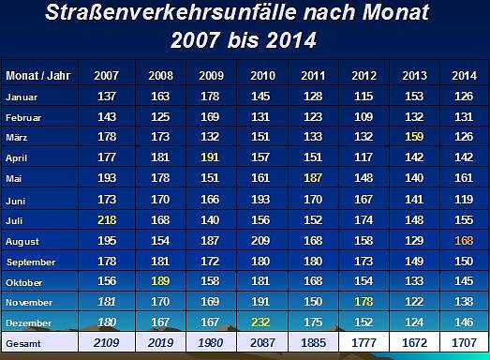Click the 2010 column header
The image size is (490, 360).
point(262,75)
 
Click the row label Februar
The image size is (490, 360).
point(25,117)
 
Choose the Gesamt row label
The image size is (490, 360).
point(23,344)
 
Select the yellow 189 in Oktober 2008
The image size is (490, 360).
point(161,282)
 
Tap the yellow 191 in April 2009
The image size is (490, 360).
point(212,158)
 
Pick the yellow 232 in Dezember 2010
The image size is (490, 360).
point(262,323)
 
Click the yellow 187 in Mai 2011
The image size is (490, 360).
point(313,179)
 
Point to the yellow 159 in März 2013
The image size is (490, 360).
point(413,138)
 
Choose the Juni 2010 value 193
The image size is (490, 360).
point(262,200)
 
